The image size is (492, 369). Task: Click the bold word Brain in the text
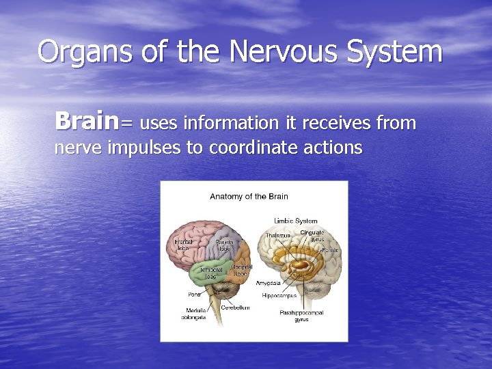coord(87,122)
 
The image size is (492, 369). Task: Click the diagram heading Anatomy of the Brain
coord(249,197)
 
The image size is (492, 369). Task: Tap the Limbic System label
coord(296,221)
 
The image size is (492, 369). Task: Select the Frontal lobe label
coord(182,245)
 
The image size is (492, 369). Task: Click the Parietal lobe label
coord(224,245)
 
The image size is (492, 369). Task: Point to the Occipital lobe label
coord(241,270)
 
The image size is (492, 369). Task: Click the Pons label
coord(194,295)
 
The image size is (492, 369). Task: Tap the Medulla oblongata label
coord(193,314)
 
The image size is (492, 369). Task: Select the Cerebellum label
coord(235,307)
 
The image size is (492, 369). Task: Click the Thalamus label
coord(278,235)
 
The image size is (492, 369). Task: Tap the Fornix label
coord(330,250)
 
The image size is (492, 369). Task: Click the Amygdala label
coord(268,282)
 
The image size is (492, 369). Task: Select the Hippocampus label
coord(279,295)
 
